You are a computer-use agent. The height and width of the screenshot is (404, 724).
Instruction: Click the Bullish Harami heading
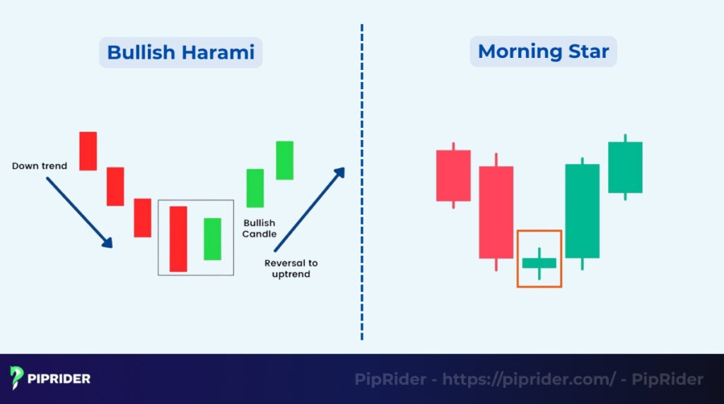(x=180, y=52)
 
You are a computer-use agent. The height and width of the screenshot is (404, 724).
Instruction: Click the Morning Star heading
(x=543, y=52)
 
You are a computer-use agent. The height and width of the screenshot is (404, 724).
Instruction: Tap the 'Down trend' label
(x=40, y=166)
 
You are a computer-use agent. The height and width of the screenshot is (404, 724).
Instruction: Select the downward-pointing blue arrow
(x=79, y=212)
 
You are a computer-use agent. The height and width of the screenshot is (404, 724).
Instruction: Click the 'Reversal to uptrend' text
(x=291, y=268)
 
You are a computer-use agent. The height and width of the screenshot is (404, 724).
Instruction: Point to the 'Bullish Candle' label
(x=259, y=227)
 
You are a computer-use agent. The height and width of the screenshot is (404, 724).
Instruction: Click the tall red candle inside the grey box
(x=178, y=239)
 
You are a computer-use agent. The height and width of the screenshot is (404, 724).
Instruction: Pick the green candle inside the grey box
(x=212, y=239)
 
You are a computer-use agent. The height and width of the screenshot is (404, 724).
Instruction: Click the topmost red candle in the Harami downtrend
(x=88, y=150)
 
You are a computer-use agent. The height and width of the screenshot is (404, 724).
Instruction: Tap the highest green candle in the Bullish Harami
(x=284, y=160)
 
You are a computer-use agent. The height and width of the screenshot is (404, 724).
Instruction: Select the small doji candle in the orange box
(x=539, y=263)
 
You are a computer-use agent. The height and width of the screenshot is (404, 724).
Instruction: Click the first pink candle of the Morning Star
(x=453, y=175)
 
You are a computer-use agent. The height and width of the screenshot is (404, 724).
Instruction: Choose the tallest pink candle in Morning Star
(x=496, y=212)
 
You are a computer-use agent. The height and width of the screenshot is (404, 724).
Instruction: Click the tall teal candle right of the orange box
(x=582, y=210)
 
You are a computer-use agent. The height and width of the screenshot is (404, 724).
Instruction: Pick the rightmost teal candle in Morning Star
(x=625, y=167)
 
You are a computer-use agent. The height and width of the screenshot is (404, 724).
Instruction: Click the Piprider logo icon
(x=17, y=379)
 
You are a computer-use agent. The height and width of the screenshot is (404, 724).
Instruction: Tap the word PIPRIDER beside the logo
(x=59, y=379)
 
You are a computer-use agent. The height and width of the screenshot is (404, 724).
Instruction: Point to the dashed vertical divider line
(x=361, y=184)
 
